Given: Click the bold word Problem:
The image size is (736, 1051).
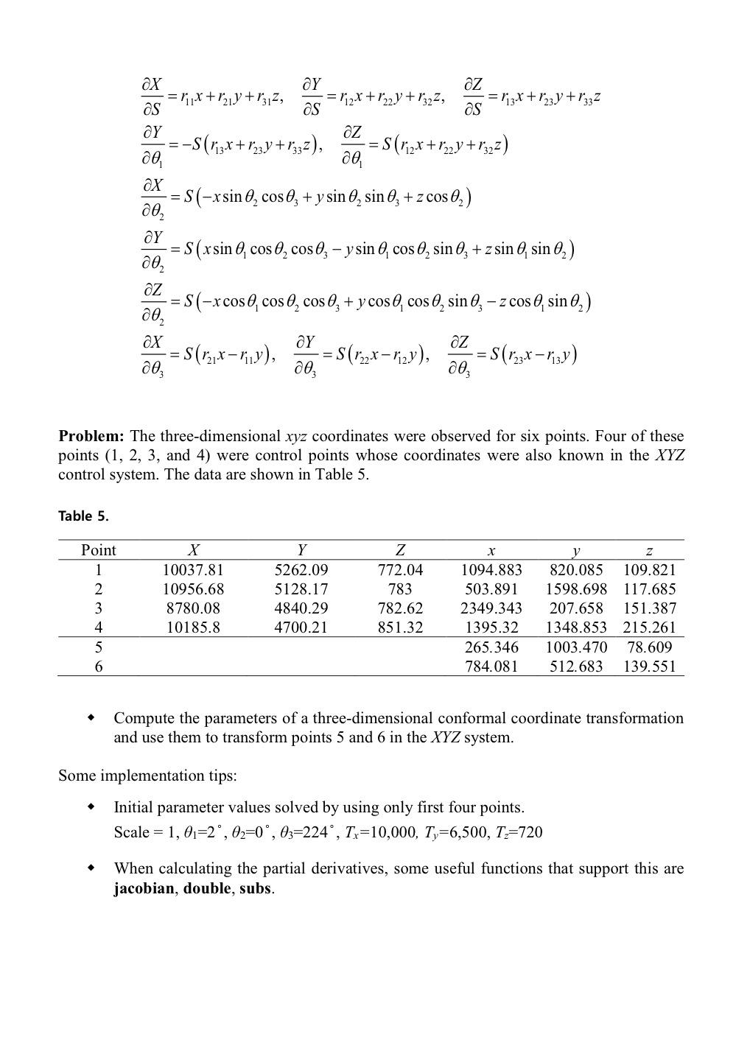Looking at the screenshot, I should click(x=91, y=436).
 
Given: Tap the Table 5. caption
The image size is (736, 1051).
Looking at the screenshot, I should click(x=83, y=516).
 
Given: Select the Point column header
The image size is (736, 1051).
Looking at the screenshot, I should click(x=99, y=550).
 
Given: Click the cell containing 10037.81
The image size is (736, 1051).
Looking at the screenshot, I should click(x=193, y=570).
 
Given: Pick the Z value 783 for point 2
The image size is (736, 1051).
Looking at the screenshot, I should click(x=400, y=589).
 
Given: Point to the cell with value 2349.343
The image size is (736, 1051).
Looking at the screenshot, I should click(x=491, y=608).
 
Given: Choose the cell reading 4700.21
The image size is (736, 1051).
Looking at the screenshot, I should click(x=301, y=628).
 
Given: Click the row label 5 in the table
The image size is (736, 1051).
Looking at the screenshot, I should click(x=99, y=647).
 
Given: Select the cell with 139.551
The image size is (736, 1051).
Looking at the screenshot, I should click(x=649, y=667).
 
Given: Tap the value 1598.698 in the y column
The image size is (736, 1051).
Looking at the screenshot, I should click(x=576, y=589).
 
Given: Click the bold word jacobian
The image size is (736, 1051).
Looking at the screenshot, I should click(x=144, y=888).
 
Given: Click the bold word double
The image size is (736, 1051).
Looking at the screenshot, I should click(x=207, y=888).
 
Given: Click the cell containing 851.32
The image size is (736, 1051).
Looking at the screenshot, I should click(x=400, y=628).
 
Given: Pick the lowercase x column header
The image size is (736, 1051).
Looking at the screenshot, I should click(x=491, y=551).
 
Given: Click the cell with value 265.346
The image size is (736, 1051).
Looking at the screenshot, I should click(x=491, y=647).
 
